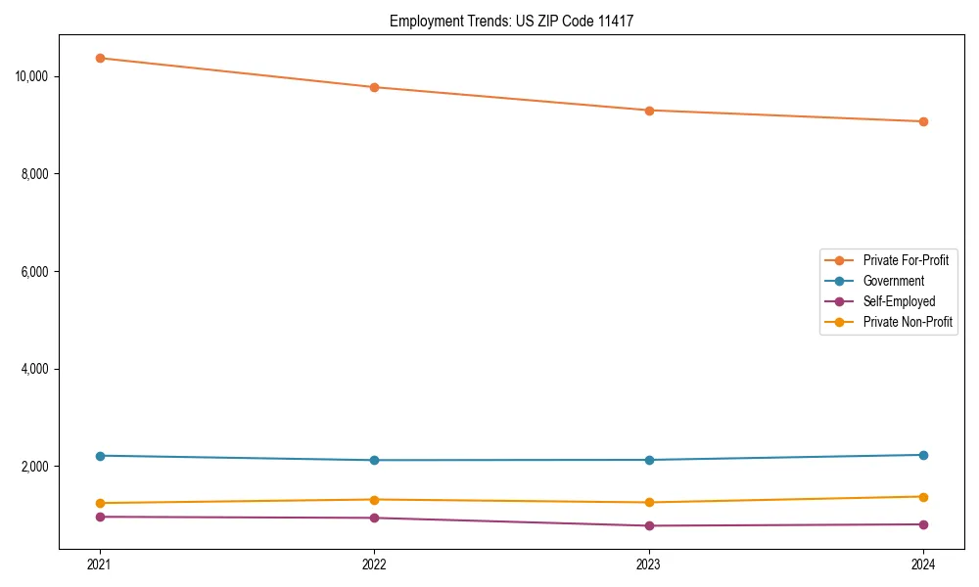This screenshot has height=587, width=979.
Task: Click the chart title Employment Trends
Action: (511, 21)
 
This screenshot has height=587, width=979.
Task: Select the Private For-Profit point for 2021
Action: (100, 58)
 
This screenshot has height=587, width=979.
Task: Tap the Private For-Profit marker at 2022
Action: (374, 87)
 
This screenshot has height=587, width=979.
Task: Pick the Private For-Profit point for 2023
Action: (649, 111)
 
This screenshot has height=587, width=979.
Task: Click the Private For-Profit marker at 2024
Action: (923, 121)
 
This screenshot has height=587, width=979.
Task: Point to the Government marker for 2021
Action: (100, 456)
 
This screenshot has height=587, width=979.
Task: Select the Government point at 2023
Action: (649, 460)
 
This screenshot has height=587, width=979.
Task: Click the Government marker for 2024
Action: (923, 455)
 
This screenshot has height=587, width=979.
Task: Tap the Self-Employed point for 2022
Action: (374, 518)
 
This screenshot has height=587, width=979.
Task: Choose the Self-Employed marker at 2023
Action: (649, 525)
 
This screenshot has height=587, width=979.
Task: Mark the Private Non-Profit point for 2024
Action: (923, 497)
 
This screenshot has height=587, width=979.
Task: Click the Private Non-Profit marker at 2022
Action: (374, 500)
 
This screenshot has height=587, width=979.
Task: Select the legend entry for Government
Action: (893, 281)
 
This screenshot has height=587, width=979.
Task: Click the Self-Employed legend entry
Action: (899, 301)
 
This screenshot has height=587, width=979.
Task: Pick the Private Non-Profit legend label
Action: (908, 322)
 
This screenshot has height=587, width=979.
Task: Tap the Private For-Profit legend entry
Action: (905, 260)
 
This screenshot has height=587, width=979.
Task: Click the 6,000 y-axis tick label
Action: (37, 271)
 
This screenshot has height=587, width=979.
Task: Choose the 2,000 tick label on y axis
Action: (37, 467)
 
